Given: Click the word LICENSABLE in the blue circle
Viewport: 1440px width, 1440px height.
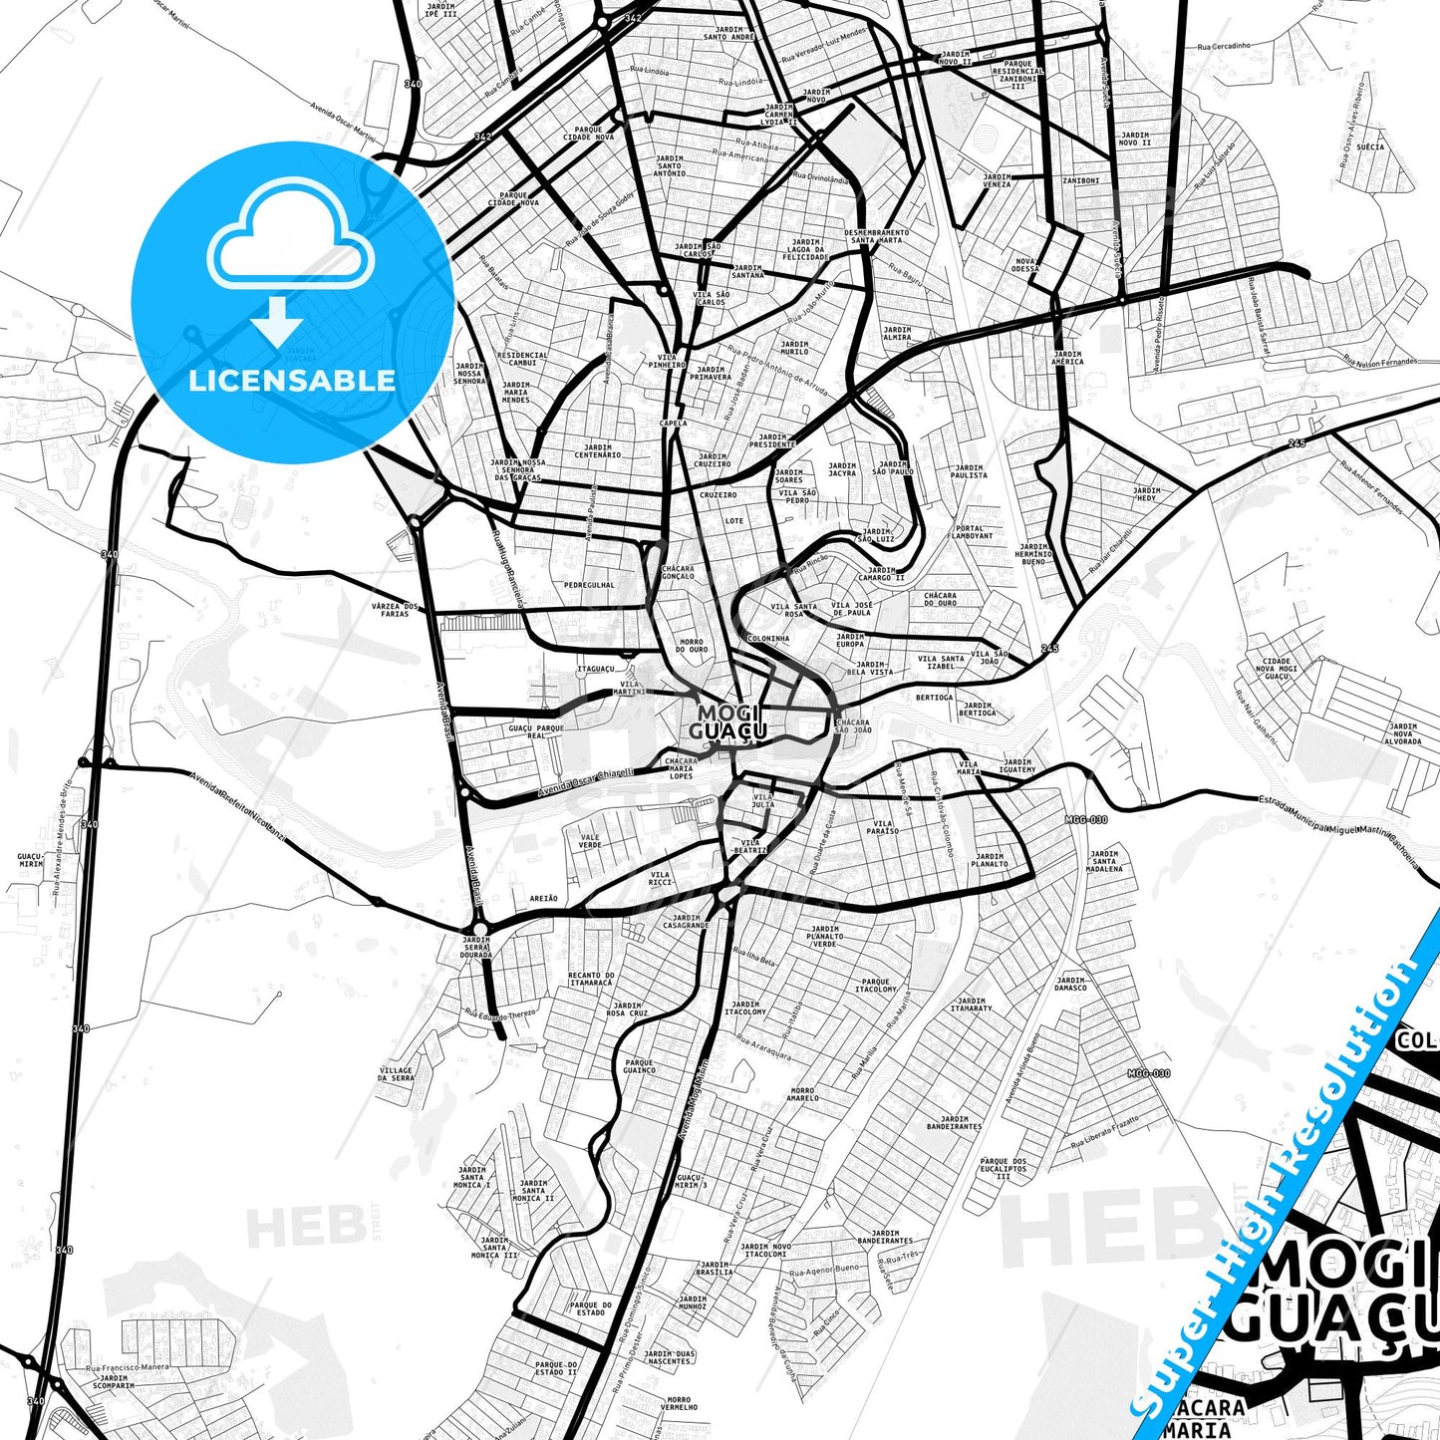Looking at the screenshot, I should pyautogui.click(x=291, y=380).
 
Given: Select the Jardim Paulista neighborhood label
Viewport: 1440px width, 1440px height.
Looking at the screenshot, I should pyautogui.click(x=969, y=471).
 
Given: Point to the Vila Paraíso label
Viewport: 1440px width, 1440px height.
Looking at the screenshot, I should pyautogui.click(x=882, y=826).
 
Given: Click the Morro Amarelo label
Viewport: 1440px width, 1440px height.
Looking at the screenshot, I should pyautogui.click(x=802, y=1094).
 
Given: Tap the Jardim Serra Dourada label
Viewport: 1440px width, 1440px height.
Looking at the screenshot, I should pyautogui.click(x=476, y=947).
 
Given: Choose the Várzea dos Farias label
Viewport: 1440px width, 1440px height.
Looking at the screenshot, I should pyautogui.click(x=395, y=610).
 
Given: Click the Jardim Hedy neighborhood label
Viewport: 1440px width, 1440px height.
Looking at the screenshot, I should pyautogui.click(x=1146, y=494).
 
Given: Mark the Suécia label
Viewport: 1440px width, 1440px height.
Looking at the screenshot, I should pyautogui.click(x=1370, y=146).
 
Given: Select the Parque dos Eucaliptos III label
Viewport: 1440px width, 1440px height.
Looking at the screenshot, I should pyautogui.click(x=1003, y=1168).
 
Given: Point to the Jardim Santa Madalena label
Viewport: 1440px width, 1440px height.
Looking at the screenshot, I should pyautogui.click(x=1104, y=861).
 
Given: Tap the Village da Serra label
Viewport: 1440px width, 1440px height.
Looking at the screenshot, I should pyautogui.click(x=396, y=1074).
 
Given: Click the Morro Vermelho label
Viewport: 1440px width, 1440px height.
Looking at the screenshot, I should pyautogui.click(x=680, y=1404).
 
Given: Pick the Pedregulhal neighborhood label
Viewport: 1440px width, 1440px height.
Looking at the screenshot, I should pyautogui.click(x=589, y=585).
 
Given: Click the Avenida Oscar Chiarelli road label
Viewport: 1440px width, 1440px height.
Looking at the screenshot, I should pyautogui.click(x=586, y=782).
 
